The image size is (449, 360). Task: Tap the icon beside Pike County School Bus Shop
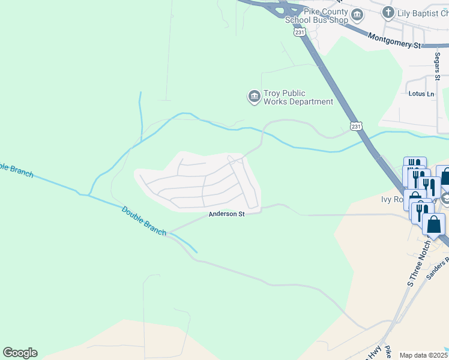point(357,14)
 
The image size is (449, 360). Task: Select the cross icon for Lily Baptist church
point(388,11)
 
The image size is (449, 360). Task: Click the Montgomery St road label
point(395,40)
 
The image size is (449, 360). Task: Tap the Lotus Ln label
point(421,94)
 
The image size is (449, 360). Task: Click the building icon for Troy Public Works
point(254,96)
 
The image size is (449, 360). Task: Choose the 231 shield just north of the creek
point(356,127)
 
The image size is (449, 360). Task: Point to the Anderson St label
point(227,214)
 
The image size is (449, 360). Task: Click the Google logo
point(20,353)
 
